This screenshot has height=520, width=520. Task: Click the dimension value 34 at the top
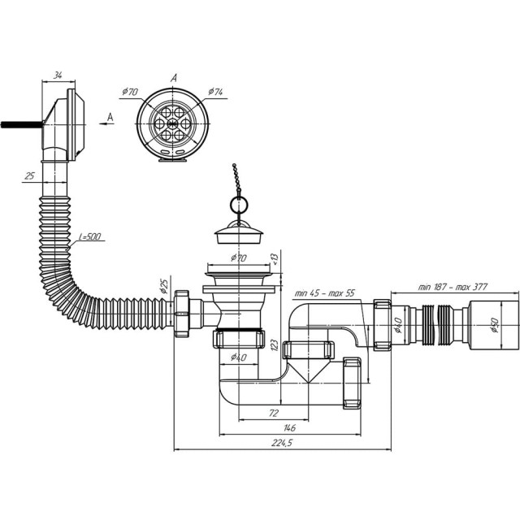pyautogui.click(x=58, y=76)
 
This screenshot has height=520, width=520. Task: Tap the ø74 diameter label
pyautogui.click(x=215, y=92)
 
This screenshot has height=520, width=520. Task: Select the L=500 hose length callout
pyautogui.click(x=90, y=236)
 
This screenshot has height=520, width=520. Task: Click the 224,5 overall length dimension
pyautogui.click(x=282, y=443)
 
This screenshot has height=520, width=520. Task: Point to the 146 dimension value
pyautogui.click(x=289, y=428)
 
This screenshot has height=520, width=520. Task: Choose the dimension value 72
pyautogui.click(x=274, y=414)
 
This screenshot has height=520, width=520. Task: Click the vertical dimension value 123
pyautogui.click(x=275, y=344)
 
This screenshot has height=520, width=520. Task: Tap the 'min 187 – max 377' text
pyautogui.click(x=453, y=287)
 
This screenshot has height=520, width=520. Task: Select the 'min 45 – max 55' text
pyautogui.click(x=325, y=292)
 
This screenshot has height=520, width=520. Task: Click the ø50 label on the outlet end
pyautogui.click(x=494, y=325)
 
